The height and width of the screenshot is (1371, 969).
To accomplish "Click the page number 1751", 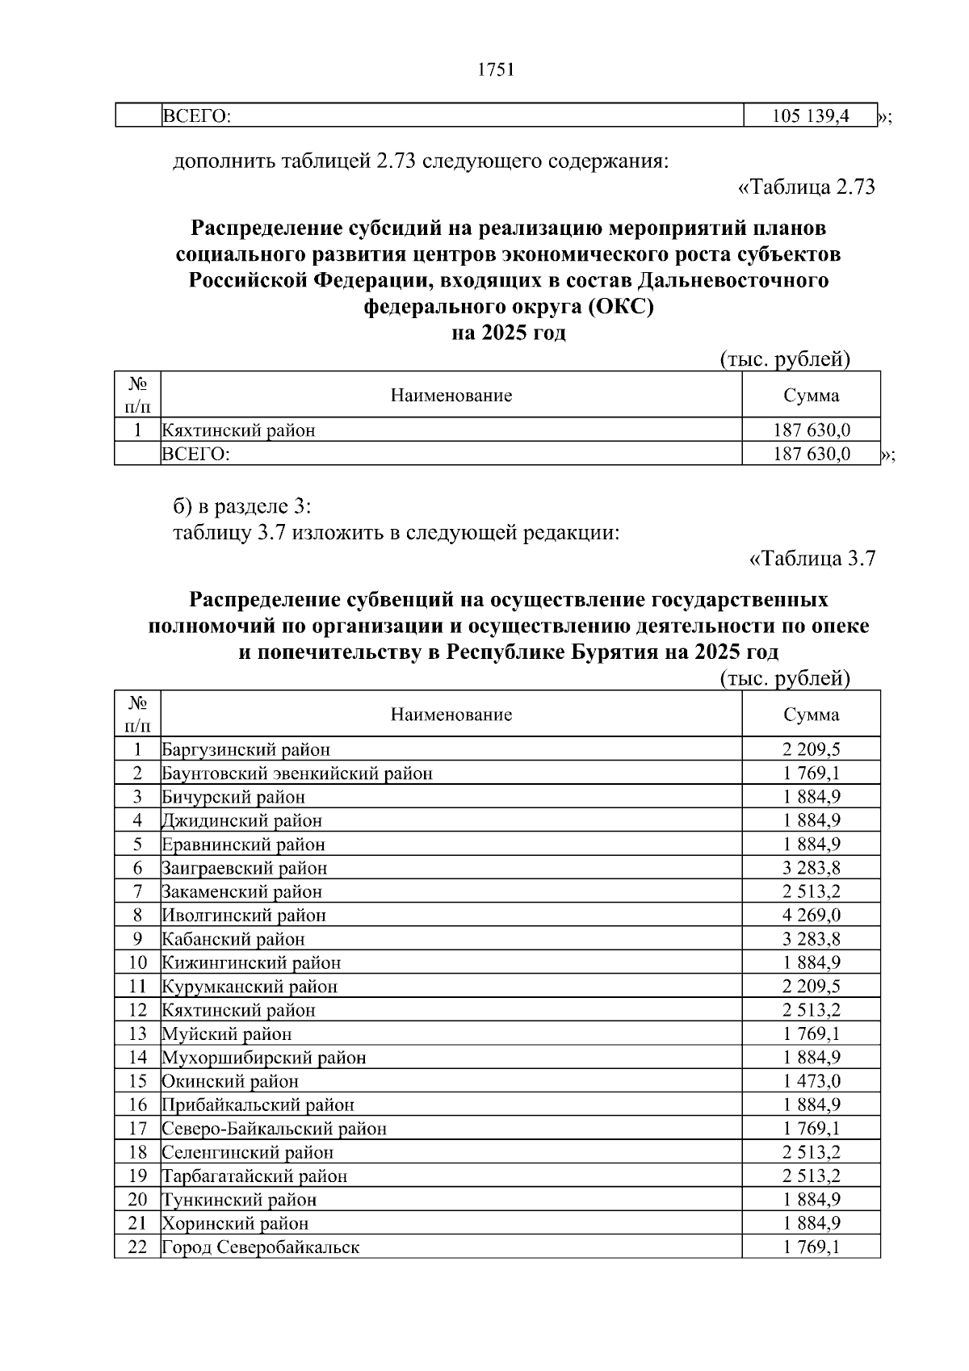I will point(496,70).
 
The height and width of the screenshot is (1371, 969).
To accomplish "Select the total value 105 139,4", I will point(811,116).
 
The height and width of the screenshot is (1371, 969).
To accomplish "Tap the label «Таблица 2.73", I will point(806,187).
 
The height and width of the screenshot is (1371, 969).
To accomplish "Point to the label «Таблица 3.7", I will point(812,559).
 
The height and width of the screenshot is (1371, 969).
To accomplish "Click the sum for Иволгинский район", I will point(811,916).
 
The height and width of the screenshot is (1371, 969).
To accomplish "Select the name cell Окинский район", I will point(230,1081).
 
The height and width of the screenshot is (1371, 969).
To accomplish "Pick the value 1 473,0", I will point(811,1081).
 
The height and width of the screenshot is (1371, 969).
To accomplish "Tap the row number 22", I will point(137,1247).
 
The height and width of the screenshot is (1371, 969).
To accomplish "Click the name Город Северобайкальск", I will point(260,1247).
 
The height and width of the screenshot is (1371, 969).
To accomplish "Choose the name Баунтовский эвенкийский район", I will point(297,774).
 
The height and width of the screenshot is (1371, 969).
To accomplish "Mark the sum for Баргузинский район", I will point(811,749).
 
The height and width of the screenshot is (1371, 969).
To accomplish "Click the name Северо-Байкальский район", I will point(274,1129).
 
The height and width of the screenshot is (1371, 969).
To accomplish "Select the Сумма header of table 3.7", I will point(811,715).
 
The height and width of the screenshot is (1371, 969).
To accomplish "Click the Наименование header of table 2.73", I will point(451,396).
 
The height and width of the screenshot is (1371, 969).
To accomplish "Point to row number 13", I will point(137,1034).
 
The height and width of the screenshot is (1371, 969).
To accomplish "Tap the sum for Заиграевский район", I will point(811,869).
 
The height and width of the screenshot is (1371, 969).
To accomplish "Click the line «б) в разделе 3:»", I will point(242,506).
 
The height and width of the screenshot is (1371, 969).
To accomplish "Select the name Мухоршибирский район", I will point(264,1058).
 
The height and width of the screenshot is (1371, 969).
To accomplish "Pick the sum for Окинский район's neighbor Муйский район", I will point(811,1034).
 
